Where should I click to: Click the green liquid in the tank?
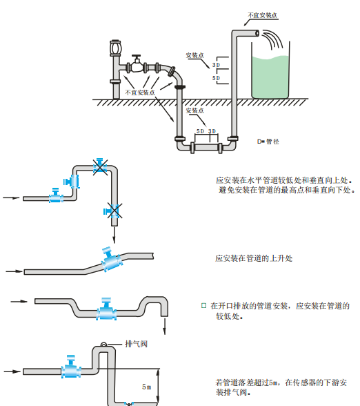[270, 77]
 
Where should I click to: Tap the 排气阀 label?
[137, 344]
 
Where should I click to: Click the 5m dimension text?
[147, 387]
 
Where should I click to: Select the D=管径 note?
[268, 142]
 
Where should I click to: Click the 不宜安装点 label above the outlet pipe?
[263, 15]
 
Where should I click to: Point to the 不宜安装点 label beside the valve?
[140, 93]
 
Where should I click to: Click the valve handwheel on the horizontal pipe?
[136, 56]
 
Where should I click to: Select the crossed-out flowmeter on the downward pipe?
[113, 211]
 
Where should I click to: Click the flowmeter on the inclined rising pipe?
[110, 260]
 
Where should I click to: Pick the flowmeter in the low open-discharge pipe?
[106, 309]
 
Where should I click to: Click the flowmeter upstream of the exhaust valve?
[70, 367]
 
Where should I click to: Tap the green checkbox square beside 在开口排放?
[204, 306]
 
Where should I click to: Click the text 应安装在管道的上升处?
[254, 258]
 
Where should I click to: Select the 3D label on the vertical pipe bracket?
[217, 65]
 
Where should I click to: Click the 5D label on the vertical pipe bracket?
[217, 78]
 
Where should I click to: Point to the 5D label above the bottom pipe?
[200, 131]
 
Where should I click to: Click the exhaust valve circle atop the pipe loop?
[103, 345]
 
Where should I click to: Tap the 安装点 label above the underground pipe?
[194, 110]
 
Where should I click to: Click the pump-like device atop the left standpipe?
[115, 48]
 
